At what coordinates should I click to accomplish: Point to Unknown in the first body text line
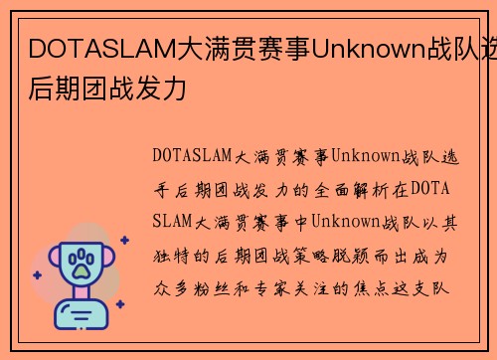[x=364, y=156]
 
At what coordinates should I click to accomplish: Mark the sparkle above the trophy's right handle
[x=123, y=240]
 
